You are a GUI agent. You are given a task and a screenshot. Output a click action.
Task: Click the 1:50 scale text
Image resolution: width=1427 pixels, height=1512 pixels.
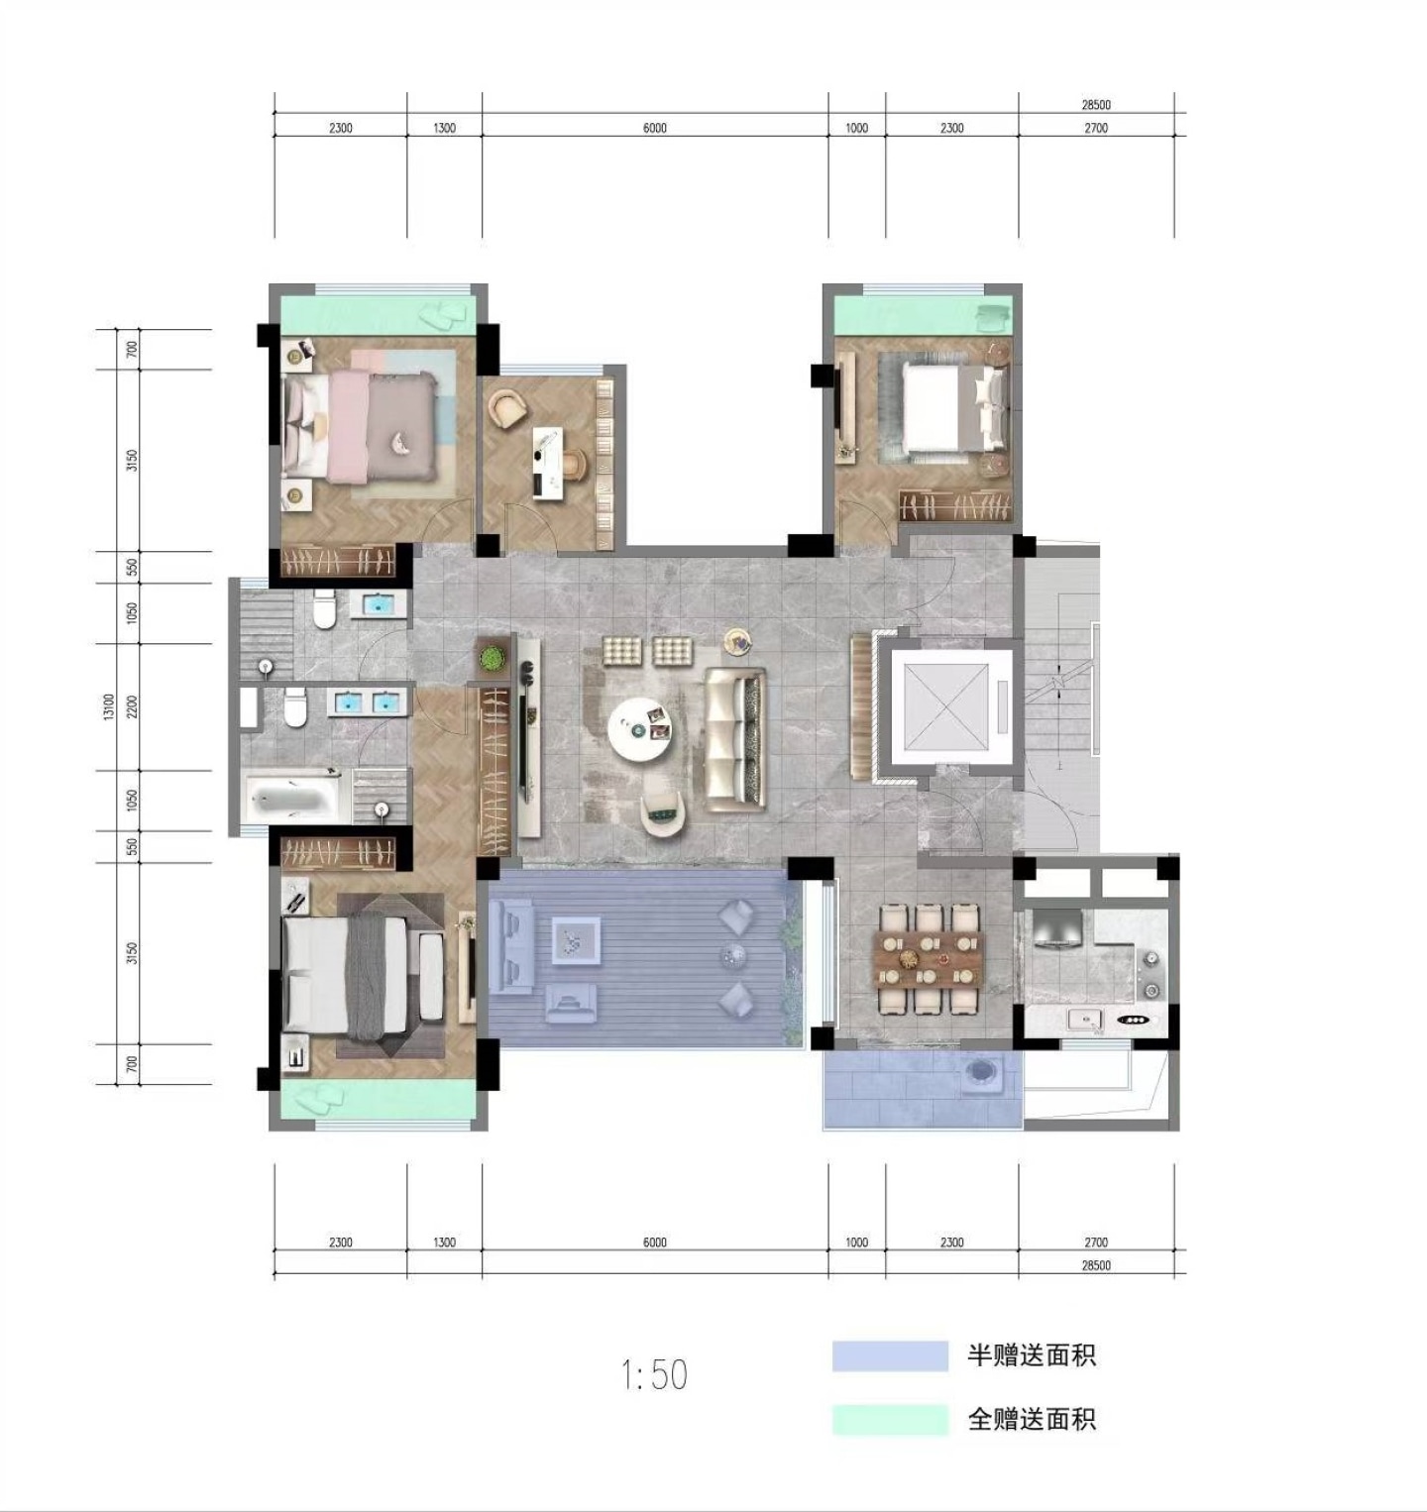(654, 1374)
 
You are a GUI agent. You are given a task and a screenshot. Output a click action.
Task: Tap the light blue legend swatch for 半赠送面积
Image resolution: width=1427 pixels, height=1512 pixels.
(890, 1355)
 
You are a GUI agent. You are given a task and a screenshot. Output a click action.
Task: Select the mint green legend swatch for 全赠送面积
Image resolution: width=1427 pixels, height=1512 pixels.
(890, 1419)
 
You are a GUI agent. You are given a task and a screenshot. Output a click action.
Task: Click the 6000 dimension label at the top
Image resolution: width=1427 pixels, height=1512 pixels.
(655, 128)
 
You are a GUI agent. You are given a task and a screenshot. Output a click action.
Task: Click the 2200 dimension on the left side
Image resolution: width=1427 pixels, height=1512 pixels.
(132, 706)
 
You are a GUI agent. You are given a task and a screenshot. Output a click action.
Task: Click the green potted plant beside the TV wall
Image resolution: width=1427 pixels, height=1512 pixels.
(491, 657)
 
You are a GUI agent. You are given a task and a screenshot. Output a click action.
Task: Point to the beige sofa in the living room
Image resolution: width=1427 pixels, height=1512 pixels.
(734, 736)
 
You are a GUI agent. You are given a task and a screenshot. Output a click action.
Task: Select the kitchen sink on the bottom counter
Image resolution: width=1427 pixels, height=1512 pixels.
(1086, 1020)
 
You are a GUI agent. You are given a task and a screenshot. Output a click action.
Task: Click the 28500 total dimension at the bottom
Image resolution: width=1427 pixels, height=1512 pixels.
(1096, 1265)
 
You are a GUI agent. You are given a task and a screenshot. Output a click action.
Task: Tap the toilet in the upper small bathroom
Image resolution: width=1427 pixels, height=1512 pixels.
(323, 610)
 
